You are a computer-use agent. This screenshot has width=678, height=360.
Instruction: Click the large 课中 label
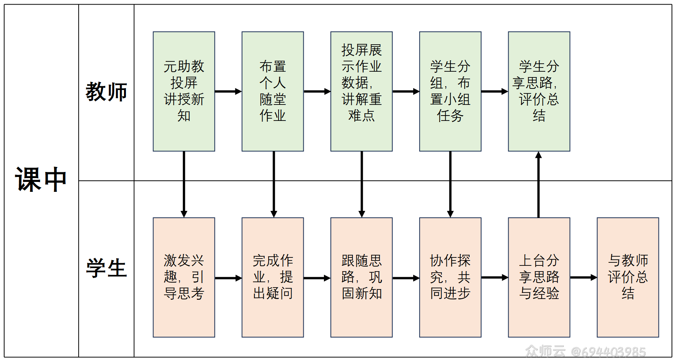pyautogui.click(x=41, y=180)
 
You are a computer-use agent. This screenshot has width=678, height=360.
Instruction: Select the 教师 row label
pyautogui.click(x=106, y=92)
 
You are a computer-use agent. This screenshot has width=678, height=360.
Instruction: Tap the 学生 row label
pyautogui.click(x=106, y=268)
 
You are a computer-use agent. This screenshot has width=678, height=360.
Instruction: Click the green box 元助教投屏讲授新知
pyautogui.click(x=184, y=92)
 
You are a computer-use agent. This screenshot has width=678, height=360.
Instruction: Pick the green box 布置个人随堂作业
pyautogui.click(x=272, y=92)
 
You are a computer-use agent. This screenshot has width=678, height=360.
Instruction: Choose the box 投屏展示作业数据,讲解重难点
pyautogui.click(x=361, y=92)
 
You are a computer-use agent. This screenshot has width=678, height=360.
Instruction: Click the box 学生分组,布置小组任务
pyautogui.click(x=450, y=92)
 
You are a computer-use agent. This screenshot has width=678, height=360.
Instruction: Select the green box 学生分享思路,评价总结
pyautogui.click(x=539, y=92)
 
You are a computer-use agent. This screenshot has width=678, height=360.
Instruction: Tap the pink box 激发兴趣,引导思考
pyautogui.click(x=184, y=277)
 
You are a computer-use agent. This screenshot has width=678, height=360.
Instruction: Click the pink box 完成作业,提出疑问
pyautogui.click(x=272, y=277)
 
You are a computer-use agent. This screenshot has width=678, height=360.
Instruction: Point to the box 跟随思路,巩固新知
pyautogui.click(x=361, y=277)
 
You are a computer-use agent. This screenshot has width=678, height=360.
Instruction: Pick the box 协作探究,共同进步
pyautogui.click(x=450, y=277)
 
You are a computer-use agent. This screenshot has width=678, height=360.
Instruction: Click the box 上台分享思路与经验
pyautogui.click(x=539, y=277)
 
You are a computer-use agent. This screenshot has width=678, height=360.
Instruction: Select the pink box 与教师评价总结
pyautogui.click(x=628, y=277)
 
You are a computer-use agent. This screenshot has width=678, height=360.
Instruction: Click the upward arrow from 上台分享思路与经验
pyautogui.click(x=538, y=185)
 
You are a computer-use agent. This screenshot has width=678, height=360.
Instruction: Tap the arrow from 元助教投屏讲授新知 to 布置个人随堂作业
pyautogui.click(x=228, y=92)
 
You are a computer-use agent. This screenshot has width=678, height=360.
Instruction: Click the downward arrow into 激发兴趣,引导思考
pyautogui.click(x=184, y=185)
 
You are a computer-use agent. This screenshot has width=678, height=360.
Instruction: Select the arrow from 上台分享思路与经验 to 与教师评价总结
pyautogui.click(x=583, y=278)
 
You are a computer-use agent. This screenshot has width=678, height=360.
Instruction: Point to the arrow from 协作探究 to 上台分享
pyautogui.click(x=494, y=278)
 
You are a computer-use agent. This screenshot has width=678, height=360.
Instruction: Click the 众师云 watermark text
pyautogui.click(x=545, y=351)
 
